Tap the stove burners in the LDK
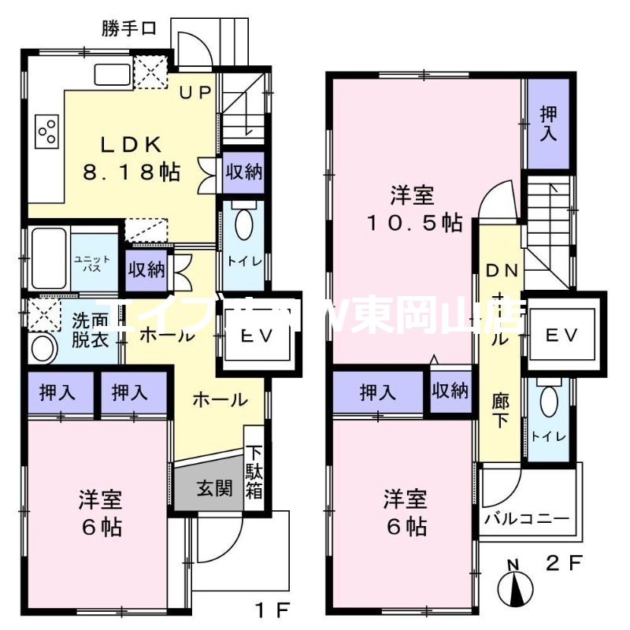pos(46,130)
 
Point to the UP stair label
pos(195,93)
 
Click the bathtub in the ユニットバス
pos(47,258)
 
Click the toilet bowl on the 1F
pos(243,224)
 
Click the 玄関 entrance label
pos(213,488)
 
